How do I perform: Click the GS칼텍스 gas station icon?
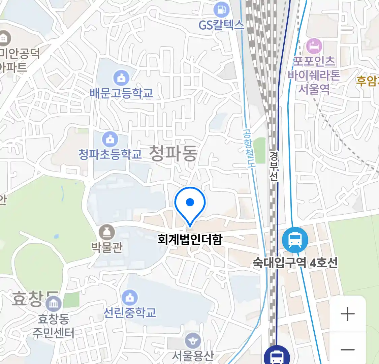221,10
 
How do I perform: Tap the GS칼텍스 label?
221,25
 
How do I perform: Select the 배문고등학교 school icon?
121,78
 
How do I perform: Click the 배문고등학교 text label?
121,93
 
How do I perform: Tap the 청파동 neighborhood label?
173,153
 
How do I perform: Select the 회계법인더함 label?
190,239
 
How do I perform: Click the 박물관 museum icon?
107,233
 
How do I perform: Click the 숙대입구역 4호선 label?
295,263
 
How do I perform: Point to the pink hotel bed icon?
314,46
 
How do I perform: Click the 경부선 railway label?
274,166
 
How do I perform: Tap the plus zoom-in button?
347,314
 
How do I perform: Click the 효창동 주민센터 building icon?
54,304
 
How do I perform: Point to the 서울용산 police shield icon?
193,341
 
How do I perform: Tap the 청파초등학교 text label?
110,154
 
